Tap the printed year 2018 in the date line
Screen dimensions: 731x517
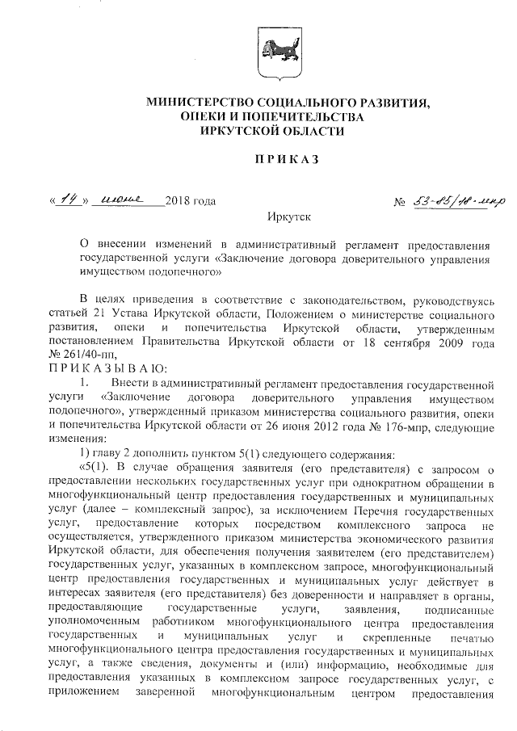click(x=178, y=200)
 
